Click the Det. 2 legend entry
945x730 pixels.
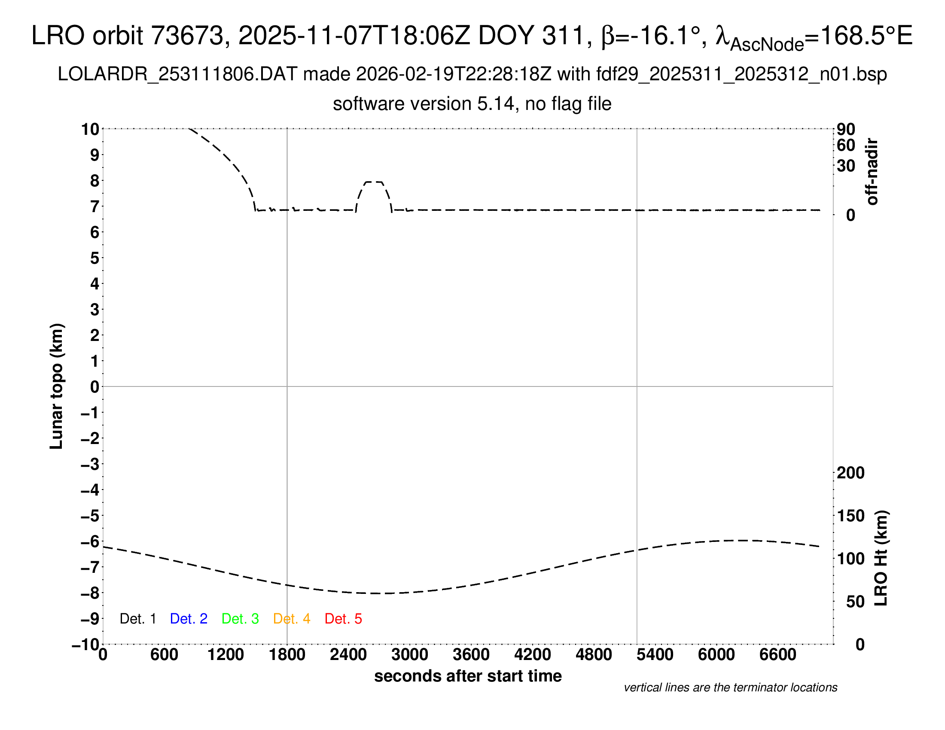tap(189, 619)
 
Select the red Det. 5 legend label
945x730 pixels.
tap(343, 619)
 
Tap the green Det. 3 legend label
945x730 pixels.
tap(240, 619)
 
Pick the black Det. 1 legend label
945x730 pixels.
tap(137, 619)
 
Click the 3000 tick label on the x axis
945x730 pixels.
tap(410, 655)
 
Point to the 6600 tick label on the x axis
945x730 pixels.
tap(777, 655)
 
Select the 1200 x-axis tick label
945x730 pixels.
tap(226, 655)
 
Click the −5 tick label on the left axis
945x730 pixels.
tap(90, 516)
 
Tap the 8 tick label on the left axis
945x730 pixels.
tap(95, 181)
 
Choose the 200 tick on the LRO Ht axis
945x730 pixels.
tap(850, 473)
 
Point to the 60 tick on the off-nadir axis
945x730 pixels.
tap(846, 145)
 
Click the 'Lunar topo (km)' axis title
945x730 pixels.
tap(57, 386)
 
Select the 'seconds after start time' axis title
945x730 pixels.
tap(468, 676)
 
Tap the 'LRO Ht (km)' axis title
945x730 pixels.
tap(881, 558)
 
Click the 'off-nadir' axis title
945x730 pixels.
tap(872, 172)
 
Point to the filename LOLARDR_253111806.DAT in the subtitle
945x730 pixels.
tap(177, 74)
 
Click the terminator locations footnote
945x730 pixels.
tap(730, 687)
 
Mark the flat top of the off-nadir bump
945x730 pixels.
tap(374, 182)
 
